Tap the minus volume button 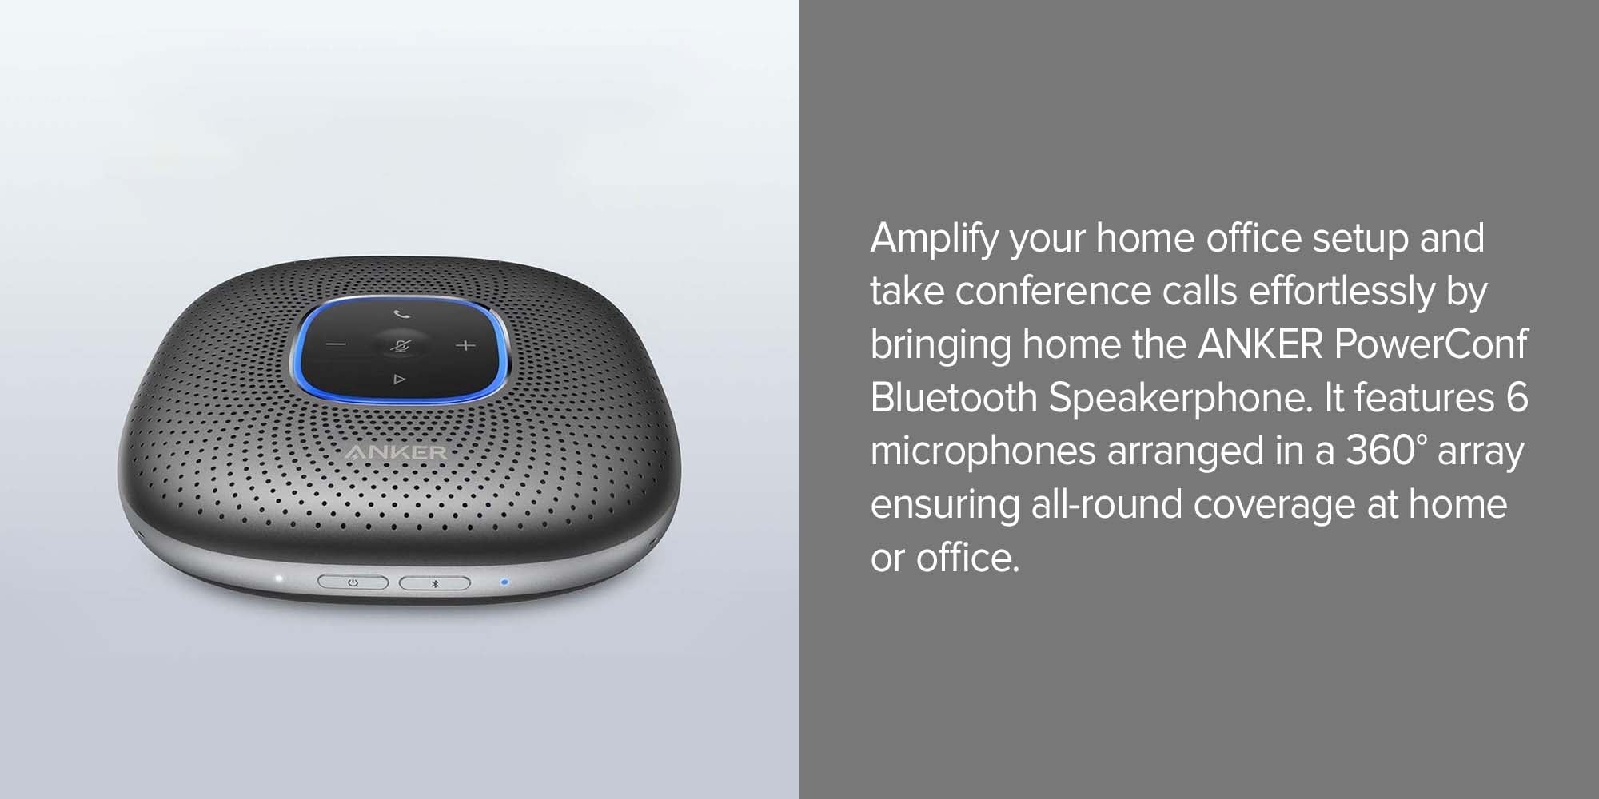coord(336,345)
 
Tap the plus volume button coord(465,345)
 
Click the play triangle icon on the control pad coord(399,380)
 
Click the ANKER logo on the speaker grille coord(396,453)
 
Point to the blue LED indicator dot coord(504,582)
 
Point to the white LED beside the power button coord(278,579)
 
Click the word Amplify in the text coord(935,239)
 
